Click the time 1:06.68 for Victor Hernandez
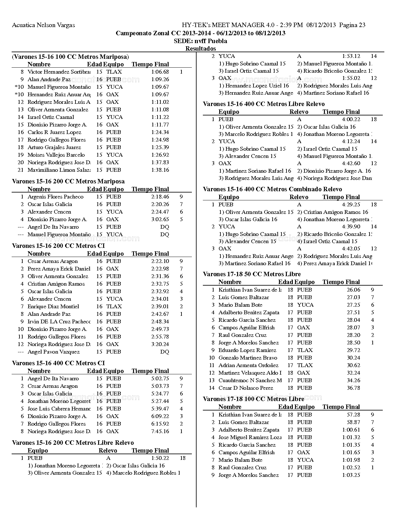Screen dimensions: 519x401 pos(160,72)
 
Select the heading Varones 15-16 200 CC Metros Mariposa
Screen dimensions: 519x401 pos(68,181)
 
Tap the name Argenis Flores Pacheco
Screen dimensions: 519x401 pos(55,197)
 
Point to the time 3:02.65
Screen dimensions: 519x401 pos(160,220)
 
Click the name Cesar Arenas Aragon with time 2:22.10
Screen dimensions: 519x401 pos(53,261)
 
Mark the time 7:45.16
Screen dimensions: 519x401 pos(160,432)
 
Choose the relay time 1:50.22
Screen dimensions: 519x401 pos(160,458)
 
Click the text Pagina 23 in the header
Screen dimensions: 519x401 pos(352,25)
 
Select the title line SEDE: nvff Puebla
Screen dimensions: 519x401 pos(200,41)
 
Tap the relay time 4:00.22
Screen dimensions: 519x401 pos(351,120)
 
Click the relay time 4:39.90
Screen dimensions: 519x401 pos(351,227)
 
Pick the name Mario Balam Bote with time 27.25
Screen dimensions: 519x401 pos(240,305)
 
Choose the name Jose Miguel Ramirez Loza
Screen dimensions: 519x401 pos(250,438)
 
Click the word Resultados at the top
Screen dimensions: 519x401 pos(200,49)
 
